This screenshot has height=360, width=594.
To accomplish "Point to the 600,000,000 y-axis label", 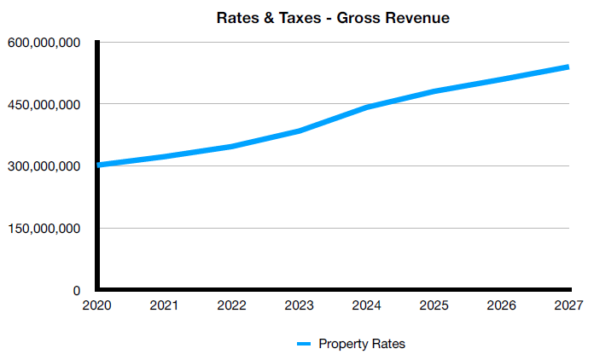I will click(44, 43).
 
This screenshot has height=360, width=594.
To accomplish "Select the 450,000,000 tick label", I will click(44, 105).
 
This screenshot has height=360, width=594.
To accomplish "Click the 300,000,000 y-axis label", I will click(44, 166).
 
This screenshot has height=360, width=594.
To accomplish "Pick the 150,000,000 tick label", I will click(44, 229).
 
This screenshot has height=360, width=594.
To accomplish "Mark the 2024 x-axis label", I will click(365, 305).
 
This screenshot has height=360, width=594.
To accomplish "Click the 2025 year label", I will click(434, 305).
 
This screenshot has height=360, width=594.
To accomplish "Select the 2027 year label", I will click(568, 305).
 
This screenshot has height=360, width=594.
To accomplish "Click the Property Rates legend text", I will click(362, 344).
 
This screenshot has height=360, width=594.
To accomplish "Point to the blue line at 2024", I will click(367, 107).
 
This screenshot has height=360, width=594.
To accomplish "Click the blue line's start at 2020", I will click(99, 165).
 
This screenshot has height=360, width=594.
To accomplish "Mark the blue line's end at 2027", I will click(568, 67).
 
